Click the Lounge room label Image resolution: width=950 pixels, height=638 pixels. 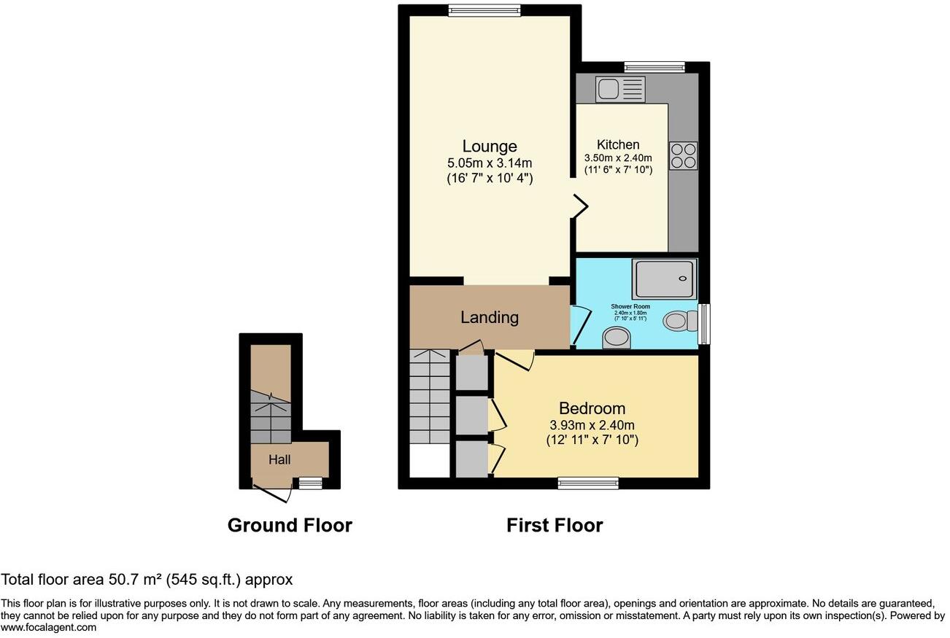coord(489,146)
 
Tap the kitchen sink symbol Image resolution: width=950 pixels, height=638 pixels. coord(620,90)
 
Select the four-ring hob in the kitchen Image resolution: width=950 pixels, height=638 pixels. coord(683,155)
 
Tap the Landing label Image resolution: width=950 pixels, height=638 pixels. coord(490,318)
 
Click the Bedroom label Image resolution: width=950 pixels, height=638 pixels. coord(592,408)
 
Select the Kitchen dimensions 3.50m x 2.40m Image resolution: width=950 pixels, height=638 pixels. coord(618,157)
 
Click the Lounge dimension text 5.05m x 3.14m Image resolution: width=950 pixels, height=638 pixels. coord(489,163)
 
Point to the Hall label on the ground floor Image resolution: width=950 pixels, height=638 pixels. coord(279,460)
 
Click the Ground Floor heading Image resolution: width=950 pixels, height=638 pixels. coord(290,525)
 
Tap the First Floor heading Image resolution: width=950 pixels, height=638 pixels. coord(555,525)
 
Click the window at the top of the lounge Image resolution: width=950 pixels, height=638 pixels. coord(484,10)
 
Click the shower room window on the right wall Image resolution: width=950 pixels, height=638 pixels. coord(703,324)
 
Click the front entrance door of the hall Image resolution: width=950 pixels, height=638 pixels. coord(273,494)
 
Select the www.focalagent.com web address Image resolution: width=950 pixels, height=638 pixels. coord(48,627)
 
